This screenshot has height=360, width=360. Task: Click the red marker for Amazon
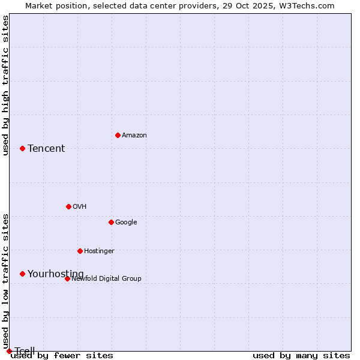118,135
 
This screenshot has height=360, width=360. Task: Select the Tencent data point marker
22,148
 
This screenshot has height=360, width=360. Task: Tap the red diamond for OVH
68,206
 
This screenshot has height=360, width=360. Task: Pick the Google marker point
111,222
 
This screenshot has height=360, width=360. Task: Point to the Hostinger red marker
80,251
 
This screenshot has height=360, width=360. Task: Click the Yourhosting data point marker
22,274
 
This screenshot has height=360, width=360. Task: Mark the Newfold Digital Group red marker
67,278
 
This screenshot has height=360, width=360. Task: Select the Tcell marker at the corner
9,351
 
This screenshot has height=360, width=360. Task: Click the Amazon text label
134,136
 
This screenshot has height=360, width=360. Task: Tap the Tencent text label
46,149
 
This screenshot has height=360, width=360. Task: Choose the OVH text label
80,207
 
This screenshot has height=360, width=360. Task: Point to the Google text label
126,223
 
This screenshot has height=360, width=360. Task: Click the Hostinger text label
99,251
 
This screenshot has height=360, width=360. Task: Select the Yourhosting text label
56,274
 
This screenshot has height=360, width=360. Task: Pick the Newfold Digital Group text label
106,279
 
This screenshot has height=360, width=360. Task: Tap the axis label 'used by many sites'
301,356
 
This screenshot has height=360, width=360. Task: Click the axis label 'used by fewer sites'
62,356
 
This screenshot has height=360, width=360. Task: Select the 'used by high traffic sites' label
6,85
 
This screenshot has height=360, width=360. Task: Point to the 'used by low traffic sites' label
6,281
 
